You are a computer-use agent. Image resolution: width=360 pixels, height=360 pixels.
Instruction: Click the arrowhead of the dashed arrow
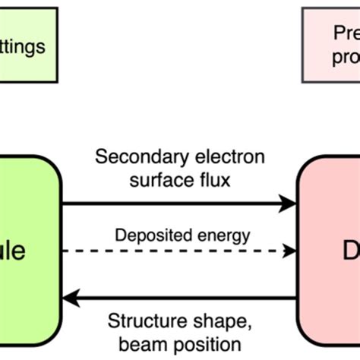[x=289, y=251]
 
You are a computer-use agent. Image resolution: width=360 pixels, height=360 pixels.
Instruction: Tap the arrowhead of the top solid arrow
[x=289, y=203]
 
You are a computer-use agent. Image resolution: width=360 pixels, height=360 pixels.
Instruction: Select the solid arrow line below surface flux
[x=175, y=203]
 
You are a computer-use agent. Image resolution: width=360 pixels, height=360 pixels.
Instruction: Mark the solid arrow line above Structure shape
[x=182, y=298]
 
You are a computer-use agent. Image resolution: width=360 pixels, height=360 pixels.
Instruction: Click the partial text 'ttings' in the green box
[x=23, y=46]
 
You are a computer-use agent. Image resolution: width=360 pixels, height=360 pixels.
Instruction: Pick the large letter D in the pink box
[x=346, y=250]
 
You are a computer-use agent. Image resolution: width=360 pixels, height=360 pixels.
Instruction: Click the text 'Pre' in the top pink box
[x=346, y=33]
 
